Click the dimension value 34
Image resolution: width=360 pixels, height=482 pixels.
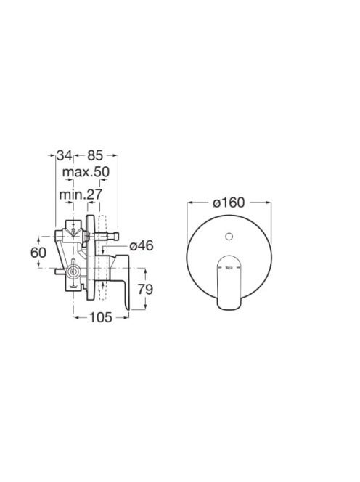65,155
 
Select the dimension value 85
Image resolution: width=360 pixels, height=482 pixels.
94,155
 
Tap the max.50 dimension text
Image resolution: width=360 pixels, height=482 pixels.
86,172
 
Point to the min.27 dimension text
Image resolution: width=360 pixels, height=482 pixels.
81,195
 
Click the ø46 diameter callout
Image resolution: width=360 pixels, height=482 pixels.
141,246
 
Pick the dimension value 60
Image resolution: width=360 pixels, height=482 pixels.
38,253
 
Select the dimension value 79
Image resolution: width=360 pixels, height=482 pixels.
145,289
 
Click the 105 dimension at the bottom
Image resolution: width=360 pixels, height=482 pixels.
101,317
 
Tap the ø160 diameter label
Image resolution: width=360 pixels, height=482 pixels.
229,203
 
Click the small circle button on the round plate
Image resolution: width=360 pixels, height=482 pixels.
229,237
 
